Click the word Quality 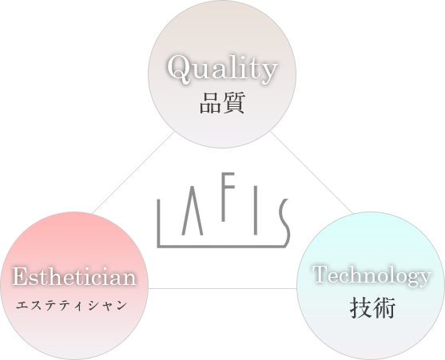click(x=222, y=69)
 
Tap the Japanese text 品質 click(x=222, y=103)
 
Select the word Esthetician click(x=74, y=276)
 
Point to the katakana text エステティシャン click(x=72, y=306)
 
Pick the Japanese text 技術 click(x=372, y=308)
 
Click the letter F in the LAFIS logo click(x=228, y=196)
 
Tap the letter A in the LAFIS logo click(x=193, y=211)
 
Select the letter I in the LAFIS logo click(x=256, y=210)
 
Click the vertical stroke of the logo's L click(x=159, y=223)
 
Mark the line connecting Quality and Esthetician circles click(x=133, y=172)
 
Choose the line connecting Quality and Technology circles click(x=312, y=172)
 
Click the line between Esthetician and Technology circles click(x=222, y=289)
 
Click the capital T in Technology click(x=320, y=274)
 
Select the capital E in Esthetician click(x=21, y=276)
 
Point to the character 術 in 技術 click(x=384, y=308)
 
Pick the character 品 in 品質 click(x=210, y=104)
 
